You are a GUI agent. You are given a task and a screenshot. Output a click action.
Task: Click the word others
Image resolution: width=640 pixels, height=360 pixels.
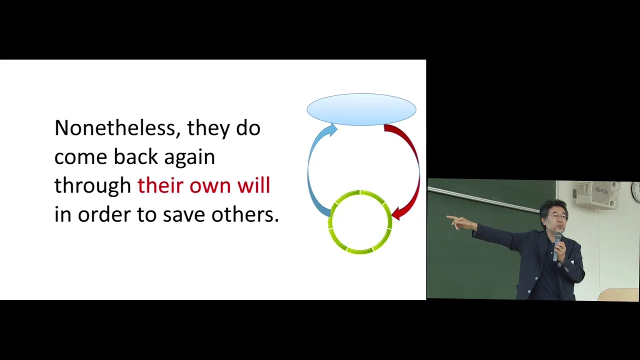coord(245,214)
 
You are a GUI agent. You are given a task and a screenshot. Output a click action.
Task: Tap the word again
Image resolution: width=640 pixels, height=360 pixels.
coord(189,158)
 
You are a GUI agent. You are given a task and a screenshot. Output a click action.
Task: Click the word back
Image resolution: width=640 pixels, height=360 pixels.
coord(135,156)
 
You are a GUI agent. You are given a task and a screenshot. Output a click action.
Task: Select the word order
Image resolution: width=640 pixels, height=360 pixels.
coord(104,214)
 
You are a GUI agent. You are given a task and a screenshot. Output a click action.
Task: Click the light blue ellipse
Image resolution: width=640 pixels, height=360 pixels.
coord(361,109)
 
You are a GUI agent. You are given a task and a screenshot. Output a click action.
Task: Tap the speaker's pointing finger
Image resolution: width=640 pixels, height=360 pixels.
coord(451,217)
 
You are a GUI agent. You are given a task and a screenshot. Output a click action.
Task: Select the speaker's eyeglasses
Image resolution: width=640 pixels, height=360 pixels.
coord(557,216)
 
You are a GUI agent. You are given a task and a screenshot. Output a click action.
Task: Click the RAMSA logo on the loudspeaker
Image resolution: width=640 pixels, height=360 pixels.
coord(601,189)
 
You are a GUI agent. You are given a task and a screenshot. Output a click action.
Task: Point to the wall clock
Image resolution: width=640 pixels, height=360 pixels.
coord(636,192)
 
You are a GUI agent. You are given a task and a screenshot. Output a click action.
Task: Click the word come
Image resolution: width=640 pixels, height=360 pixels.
coord(80,158)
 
